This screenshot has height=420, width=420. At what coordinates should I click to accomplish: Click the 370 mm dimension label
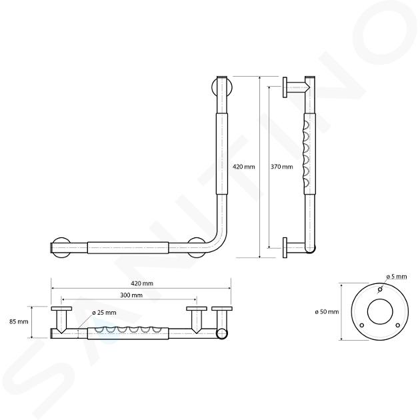(x=281, y=167)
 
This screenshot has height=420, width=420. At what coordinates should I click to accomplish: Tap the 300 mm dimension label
(x=131, y=295)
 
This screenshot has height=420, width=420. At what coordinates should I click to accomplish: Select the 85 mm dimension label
(x=19, y=321)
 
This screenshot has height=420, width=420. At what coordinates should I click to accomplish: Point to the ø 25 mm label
(x=104, y=313)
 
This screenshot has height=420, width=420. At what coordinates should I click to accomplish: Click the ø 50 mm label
(x=327, y=312)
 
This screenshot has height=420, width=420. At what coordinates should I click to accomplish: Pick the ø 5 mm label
(x=397, y=277)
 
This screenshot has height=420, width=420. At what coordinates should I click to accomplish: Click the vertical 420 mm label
(x=244, y=167)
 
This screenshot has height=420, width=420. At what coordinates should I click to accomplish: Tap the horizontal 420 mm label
(x=142, y=283)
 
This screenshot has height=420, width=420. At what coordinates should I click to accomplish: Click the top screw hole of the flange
(x=380, y=289)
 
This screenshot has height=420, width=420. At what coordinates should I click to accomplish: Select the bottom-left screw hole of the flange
(x=362, y=325)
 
